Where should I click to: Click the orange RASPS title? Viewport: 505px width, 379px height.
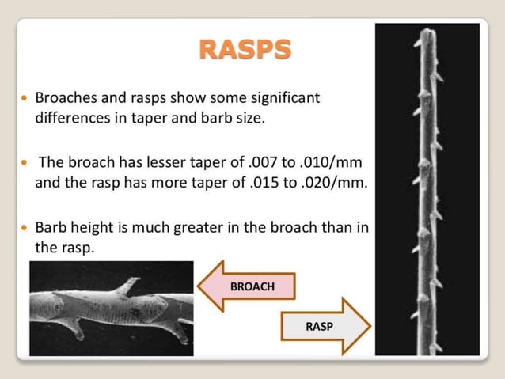click(245, 50)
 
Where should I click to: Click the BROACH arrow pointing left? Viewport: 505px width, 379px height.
click(246, 286)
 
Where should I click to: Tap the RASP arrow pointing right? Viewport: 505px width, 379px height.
click(325, 325)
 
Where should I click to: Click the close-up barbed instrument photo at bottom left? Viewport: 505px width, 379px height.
click(111, 308)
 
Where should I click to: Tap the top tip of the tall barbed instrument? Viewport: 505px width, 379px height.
click(427, 32)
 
